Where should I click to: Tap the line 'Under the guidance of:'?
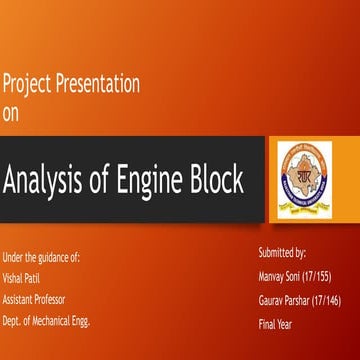click(42, 256)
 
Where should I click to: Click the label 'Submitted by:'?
click(282, 254)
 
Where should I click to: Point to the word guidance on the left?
click(51, 256)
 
